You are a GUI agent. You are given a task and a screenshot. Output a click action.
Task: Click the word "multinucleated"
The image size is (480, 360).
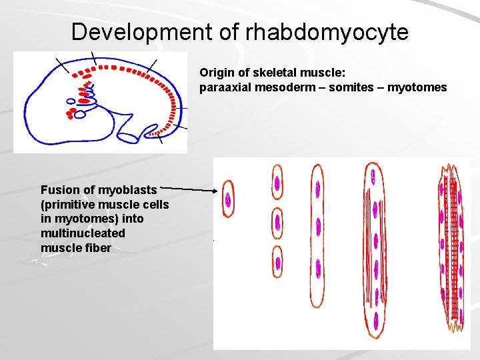point(83,233)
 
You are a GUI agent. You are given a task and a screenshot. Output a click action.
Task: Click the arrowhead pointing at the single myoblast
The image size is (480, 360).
point(217,191)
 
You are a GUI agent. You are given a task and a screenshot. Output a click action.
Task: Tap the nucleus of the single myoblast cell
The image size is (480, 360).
point(228,199)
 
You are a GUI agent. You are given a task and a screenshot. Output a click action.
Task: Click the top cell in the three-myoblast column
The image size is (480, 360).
point(277,181)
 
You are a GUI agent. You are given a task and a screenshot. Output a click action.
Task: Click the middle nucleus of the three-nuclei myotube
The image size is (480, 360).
point(318,227)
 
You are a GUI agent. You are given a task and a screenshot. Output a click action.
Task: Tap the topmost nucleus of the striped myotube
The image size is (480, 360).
point(373,177)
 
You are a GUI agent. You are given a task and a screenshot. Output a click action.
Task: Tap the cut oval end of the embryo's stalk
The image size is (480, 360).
point(128,137)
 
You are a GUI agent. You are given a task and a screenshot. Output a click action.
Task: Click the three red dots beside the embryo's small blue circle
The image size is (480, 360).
point(69,113)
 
